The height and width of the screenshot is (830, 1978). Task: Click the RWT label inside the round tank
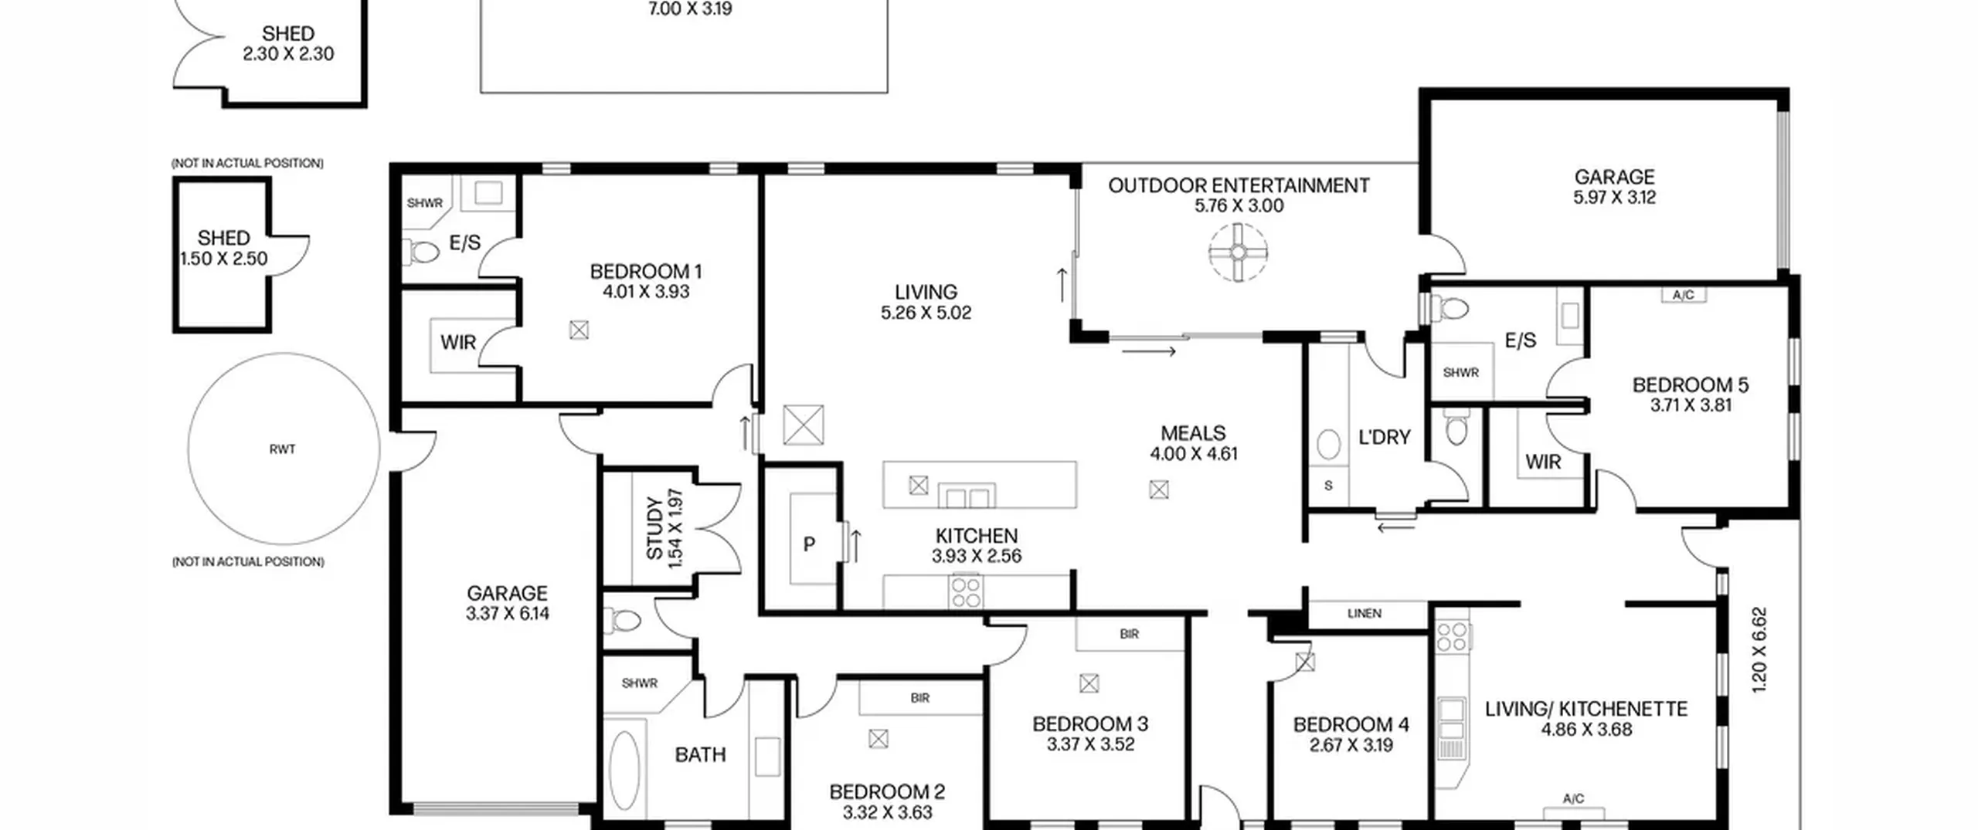click(x=282, y=449)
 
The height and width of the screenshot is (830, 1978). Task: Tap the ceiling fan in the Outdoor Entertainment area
click(x=1238, y=252)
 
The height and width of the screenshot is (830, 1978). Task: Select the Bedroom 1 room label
click(x=646, y=272)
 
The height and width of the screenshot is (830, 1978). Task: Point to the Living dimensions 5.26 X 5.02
click(x=926, y=313)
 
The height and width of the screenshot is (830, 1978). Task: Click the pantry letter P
click(x=809, y=545)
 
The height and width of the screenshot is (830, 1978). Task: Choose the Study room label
click(x=654, y=529)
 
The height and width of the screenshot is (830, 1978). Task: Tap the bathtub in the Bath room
click(x=624, y=771)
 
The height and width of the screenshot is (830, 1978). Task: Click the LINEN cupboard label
click(x=1365, y=614)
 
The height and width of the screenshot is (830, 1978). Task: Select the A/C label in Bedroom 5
click(x=1684, y=295)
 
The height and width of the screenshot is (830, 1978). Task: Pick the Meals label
click(x=1193, y=433)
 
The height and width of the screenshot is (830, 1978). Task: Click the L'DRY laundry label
click(x=1385, y=438)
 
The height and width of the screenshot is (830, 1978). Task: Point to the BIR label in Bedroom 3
click(x=1130, y=635)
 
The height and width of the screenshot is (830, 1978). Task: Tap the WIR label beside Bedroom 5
click(x=1543, y=462)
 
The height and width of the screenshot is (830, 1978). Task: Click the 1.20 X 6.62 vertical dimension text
click(x=1759, y=650)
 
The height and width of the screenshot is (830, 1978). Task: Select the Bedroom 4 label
click(x=1351, y=725)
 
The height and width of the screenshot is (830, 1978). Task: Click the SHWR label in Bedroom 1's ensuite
click(x=424, y=204)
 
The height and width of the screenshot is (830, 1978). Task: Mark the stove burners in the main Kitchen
click(x=966, y=592)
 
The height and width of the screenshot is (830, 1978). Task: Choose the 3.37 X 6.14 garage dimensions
click(x=508, y=614)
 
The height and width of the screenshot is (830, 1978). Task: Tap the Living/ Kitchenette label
click(x=1586, y=710)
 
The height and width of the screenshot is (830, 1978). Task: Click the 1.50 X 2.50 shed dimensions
click(x=224, y=259)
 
